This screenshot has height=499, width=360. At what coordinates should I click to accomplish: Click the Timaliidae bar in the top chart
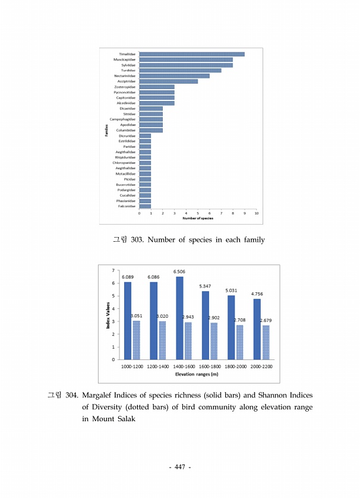tap(191, 54)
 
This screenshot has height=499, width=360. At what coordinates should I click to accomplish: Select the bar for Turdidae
tap(180, 70)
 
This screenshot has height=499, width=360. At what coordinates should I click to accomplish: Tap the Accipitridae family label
tap(125, 81)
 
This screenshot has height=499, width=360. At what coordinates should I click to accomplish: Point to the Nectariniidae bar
tap(174, 76)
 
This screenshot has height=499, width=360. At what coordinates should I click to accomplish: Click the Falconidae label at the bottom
tap(126, 206)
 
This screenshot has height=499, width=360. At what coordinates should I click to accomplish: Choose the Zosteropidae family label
tap(125, 87)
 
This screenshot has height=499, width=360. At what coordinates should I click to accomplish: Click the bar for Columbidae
tap(151, 130)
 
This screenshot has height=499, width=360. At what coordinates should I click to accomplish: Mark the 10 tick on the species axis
tap(256, 213)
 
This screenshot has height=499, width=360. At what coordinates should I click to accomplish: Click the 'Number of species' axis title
tap(198, 218)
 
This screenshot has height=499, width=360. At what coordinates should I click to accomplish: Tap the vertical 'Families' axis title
tap(106, 131)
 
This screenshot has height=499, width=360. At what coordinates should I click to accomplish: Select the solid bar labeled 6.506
tap(179, 318)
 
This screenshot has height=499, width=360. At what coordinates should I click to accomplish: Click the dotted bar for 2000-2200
tap(266, 342)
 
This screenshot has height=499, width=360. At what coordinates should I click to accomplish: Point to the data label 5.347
tap(206, 286)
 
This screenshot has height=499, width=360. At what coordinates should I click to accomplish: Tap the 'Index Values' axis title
tap(108, 315)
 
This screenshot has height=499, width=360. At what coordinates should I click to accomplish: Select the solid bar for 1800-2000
tap(231, 327)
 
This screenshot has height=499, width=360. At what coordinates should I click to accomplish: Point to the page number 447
tap(179, 468)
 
